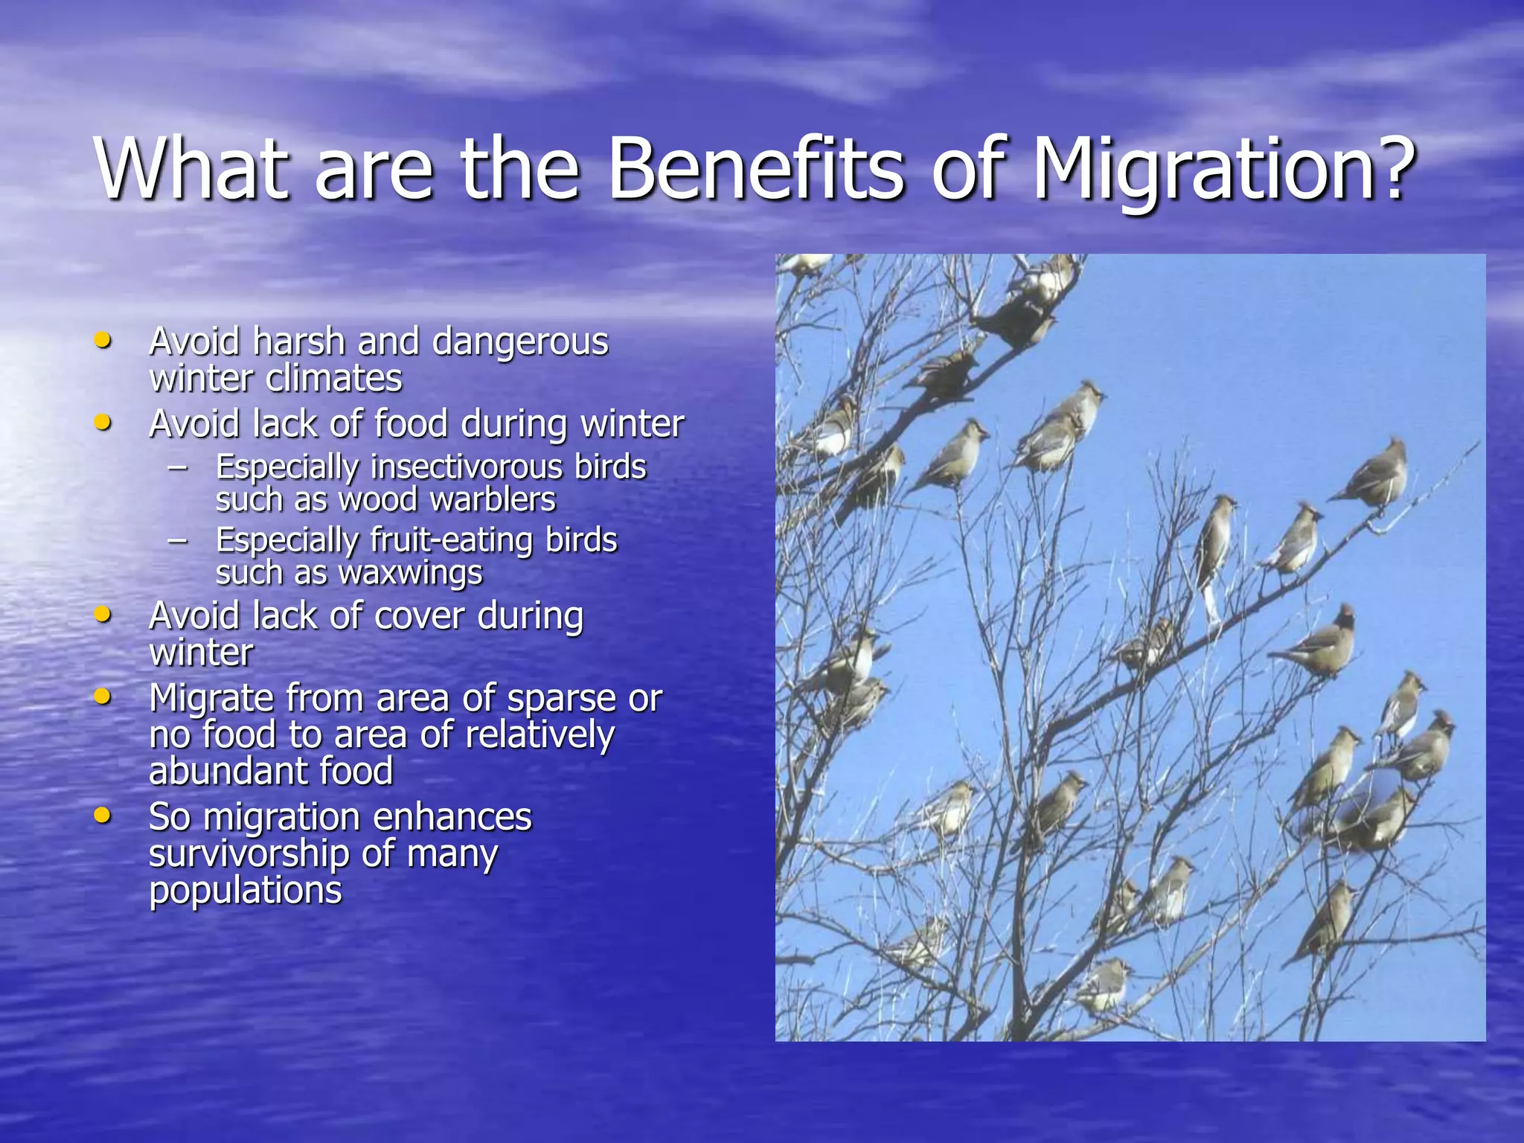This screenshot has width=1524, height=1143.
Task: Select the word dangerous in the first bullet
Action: (520, 343)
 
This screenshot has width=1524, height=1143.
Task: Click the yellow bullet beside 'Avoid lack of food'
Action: (103, 423)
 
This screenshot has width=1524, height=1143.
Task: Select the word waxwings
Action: (411, 574)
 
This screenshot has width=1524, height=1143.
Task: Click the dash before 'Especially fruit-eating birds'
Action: (178, 541)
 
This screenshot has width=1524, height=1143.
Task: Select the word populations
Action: (246, 891)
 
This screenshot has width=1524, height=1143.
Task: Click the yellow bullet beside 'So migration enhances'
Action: (103, 816)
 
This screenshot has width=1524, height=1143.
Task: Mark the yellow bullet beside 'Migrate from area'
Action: (103, 697)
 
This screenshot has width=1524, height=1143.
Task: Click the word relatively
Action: (540, 736)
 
